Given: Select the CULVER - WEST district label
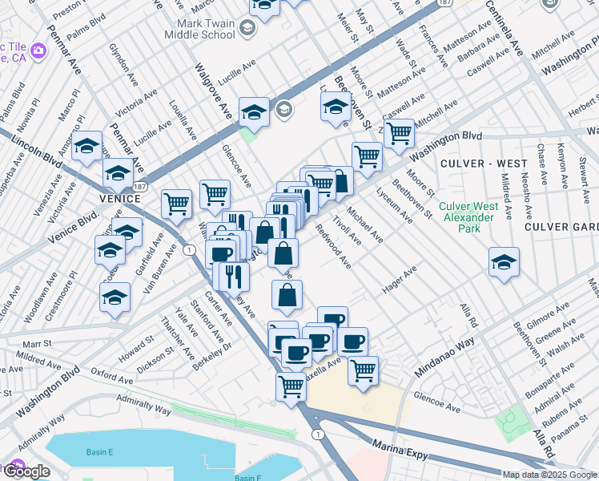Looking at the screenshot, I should [483, 164].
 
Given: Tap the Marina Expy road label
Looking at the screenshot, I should [400, 447].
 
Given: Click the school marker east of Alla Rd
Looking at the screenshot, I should [504, 262].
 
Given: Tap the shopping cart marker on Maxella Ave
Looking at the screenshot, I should [363, 370].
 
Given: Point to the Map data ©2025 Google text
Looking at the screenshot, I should [549, 475].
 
